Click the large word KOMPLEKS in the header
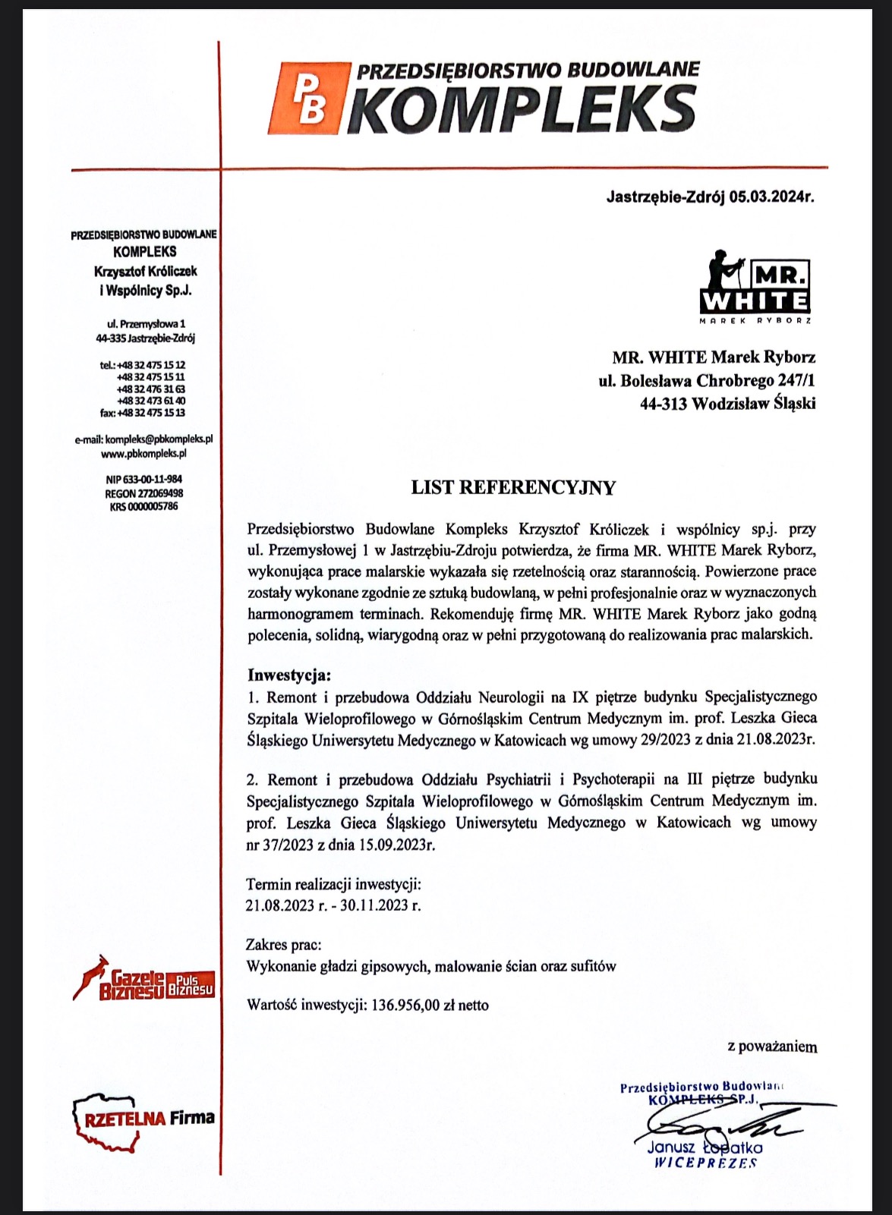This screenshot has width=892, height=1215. pos(525,109)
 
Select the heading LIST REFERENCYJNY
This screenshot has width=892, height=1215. pos(513,488)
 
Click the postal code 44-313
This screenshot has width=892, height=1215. pos(663,404)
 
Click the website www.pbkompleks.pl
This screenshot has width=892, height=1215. pos(143,453)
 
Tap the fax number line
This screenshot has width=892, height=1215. pos(143,413)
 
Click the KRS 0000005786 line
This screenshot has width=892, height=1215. pos(144,506)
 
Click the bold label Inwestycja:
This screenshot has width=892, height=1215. pos(289,675)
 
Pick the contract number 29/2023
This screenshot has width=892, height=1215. pos(664,739)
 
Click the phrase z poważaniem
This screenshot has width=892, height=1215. pos(772,1047)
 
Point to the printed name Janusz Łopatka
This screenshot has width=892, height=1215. pos(705,1148)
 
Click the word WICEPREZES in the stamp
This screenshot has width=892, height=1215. pos(705,1163)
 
